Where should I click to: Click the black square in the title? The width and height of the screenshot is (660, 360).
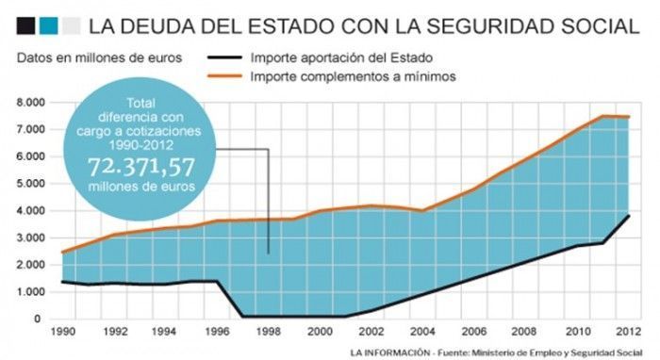click(x=25, y=25)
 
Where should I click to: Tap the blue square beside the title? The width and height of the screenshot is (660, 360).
click(x=48, y=25)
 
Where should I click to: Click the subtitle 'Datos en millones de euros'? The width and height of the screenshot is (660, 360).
click(x=99, y=57)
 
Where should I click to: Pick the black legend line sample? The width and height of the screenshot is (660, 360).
click(x=224, y=57)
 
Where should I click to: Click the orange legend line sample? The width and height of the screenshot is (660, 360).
click(x=224, y=76)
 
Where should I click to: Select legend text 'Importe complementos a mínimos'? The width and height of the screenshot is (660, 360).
click(x=353, y=76)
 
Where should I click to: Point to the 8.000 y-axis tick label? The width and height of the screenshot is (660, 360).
click(x=30, y=103)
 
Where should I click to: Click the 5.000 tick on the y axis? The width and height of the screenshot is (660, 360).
click(x=30, y=184)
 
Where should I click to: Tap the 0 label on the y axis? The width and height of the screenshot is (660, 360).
click(x=38, y=319)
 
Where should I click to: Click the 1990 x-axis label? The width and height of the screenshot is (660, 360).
click(x=63, y=332)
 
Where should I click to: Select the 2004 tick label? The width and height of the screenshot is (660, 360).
click(x=422, y=332)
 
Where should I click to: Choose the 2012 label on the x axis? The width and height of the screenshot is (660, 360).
click(x=629, y=332)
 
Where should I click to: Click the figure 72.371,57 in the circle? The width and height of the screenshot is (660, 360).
click(x=141, y=167)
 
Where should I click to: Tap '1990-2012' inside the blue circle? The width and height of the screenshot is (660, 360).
click(x=141, y=145)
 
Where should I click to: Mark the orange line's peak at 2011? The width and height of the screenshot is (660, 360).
click(x=602, y=116)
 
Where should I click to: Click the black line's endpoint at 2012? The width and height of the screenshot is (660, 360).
click(x=629, y=216)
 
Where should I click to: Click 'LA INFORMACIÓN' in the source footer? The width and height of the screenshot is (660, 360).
click(x=389, y=352)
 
